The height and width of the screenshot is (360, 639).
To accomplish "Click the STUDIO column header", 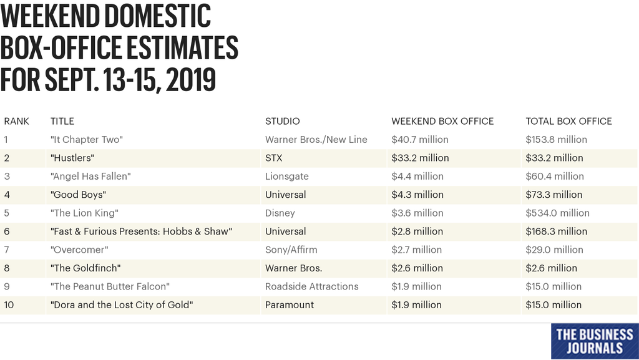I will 282,121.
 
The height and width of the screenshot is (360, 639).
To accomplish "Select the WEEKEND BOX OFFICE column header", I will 442,121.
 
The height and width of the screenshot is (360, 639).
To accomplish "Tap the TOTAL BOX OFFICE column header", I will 568,121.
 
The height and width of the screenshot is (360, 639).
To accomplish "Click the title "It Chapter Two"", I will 86,140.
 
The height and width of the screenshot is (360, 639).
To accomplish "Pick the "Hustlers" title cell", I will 72,158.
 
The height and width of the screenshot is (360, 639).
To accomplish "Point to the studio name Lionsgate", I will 286,177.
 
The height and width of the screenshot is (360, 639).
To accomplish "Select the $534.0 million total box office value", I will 557,213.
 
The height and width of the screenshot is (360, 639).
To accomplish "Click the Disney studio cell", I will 280,213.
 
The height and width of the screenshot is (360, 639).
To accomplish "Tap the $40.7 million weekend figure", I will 420,140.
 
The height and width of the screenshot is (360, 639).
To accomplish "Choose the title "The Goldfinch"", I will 85,268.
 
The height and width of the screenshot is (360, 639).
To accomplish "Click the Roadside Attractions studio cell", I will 311,287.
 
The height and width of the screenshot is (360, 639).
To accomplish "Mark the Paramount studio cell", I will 290,305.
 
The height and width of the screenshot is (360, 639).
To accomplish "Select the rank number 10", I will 9,305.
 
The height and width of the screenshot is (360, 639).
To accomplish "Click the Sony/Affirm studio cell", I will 291,250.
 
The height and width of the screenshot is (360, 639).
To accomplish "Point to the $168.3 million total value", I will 556,231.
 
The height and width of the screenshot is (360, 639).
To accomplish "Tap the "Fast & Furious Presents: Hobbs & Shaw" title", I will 141,231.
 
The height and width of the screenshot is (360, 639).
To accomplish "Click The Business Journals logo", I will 594,341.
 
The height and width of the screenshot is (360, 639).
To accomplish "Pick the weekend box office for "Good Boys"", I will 417,195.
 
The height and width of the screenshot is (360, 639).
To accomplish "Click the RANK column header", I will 16,121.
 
